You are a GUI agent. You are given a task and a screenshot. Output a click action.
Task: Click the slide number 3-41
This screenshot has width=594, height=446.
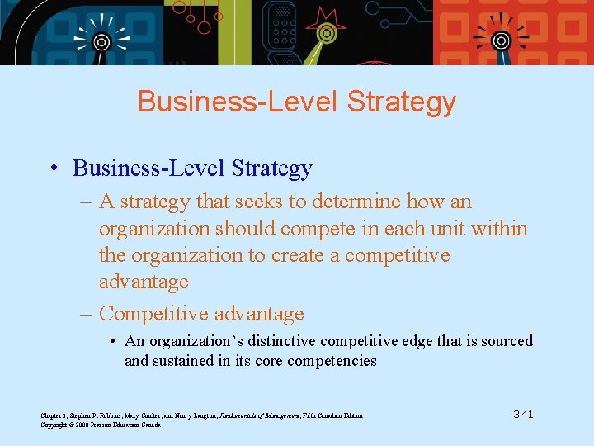pyautogui.click(x=523, y=414)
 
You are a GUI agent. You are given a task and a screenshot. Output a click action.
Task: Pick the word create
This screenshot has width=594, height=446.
pyautogui.click(x=297, y=255)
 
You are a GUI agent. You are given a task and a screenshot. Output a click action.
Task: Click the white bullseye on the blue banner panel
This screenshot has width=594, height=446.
pyautogui.click(x=101, y=42)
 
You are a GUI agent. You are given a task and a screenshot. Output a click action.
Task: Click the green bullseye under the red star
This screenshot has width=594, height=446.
pyautogui.click(x=327, y=36)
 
